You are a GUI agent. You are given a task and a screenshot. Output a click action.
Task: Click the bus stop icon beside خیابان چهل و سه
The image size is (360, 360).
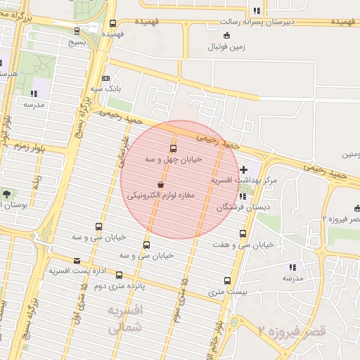tap(173, 148)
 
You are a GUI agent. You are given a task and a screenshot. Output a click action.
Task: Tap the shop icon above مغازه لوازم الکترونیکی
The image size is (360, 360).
tap(162, 184)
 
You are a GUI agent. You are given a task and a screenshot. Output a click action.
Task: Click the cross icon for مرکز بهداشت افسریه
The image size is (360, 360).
tap(243, 169)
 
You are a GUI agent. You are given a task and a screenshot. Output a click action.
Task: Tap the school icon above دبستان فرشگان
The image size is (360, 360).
tap(243, 197)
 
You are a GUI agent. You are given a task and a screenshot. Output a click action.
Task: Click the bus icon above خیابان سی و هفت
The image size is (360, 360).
tap(243, 233)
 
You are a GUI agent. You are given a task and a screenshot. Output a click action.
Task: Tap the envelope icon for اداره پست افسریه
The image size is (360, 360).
tap(77, 261)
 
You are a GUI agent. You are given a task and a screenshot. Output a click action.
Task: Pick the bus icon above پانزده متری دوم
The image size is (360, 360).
tap(119, 275)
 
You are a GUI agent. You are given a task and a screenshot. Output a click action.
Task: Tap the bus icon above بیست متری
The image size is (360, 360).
tap(226, 280)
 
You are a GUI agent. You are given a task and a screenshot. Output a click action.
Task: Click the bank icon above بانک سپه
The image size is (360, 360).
tap(105, 78)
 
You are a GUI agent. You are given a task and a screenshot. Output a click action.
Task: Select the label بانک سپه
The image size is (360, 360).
tap(108, 89)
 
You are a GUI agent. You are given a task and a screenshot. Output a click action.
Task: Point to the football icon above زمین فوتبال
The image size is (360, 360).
tap(226, 36)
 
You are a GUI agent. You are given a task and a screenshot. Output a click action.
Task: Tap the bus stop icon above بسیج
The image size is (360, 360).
tap(77, 30)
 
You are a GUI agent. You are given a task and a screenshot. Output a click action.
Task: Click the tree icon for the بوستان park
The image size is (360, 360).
tap(7, 193)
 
